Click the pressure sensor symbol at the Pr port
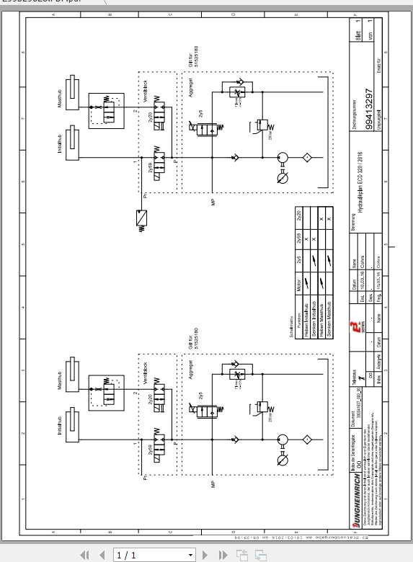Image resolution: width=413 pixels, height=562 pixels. click(x=142, y=217)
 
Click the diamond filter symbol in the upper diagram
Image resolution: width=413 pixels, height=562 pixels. click(x=306, y=157)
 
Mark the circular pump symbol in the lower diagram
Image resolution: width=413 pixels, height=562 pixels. click(x=282, y=440)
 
